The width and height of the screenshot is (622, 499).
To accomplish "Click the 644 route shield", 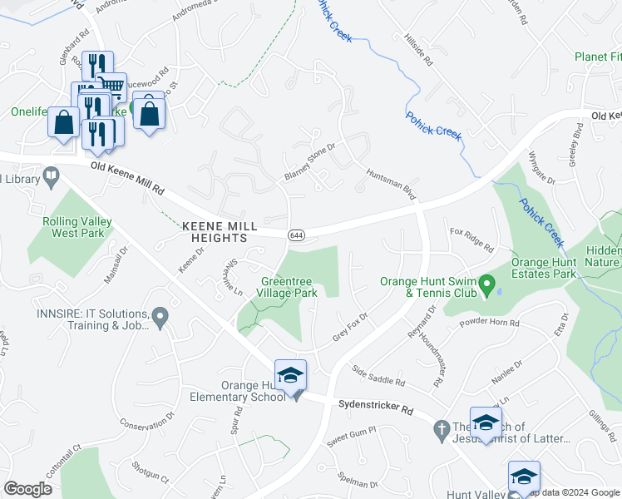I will pyautogui.click(x=295, y=235).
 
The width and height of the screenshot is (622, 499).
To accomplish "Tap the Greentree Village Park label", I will pyautogui.click(x=288, y=287).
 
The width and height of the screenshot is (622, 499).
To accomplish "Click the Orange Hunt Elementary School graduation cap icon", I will pyautogui.click(x=290, y=376).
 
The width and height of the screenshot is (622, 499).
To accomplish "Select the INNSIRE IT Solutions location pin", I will pyautogui.click(x=160, y=316).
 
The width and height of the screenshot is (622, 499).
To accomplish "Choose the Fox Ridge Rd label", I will pyautogui.click(x=471, y=240).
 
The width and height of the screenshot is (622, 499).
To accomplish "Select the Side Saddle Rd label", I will pyautogui.click(x=378, y=376).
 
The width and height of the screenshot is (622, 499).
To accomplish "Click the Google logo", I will pyautogui.click(x=27, y=488).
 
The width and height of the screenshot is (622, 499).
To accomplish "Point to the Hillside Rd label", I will pyautogui.click(x=417, y=50).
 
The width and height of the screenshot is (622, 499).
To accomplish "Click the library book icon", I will pyautogui.click(x=51, y=175).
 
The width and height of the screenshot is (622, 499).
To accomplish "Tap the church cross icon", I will pyautogui.click(x=442, y=432).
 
